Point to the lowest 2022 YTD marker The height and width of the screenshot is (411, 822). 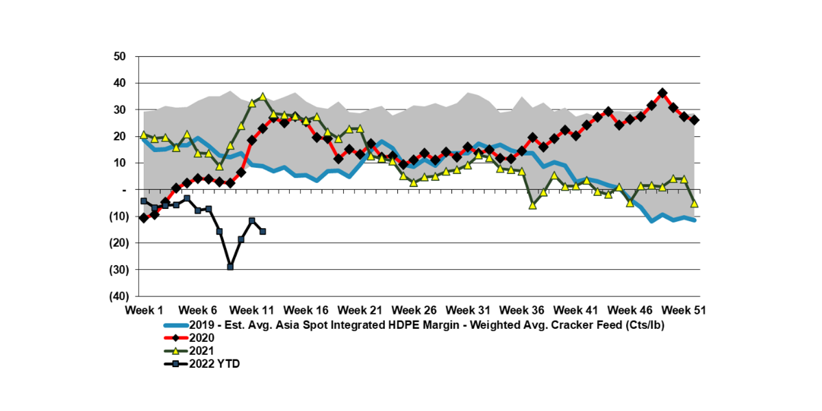click(230, 266)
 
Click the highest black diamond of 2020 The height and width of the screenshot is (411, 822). click(662, 92)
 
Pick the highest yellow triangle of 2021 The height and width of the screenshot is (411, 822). click(262, 97)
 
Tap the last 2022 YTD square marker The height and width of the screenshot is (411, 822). click(262, 232)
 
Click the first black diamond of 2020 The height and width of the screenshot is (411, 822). click(143, 218)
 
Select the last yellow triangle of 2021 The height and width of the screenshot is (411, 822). click(695, 203)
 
